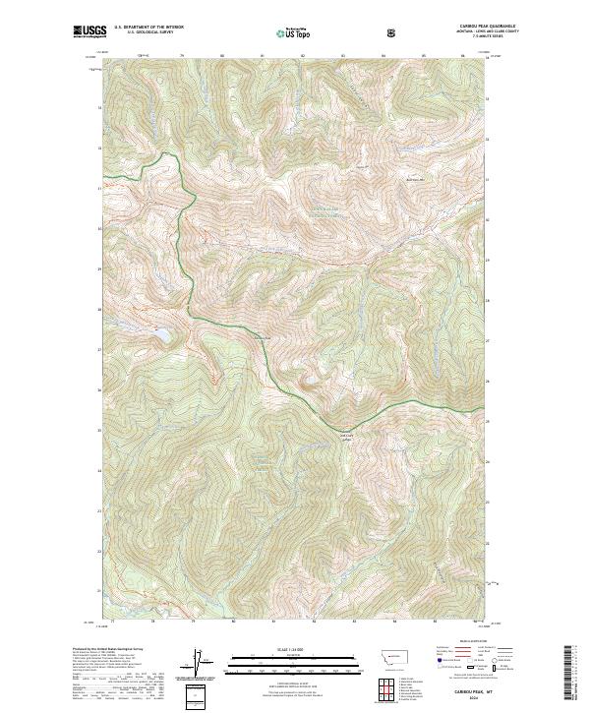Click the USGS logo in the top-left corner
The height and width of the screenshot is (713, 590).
pyautogui.click(x=88, y=32)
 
